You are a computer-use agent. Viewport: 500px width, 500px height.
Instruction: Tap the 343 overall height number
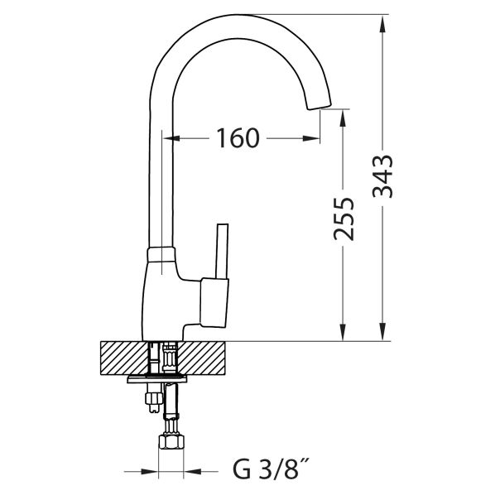coord(382,177)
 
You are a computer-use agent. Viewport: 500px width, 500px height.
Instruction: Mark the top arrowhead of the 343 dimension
coord(382,23)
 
